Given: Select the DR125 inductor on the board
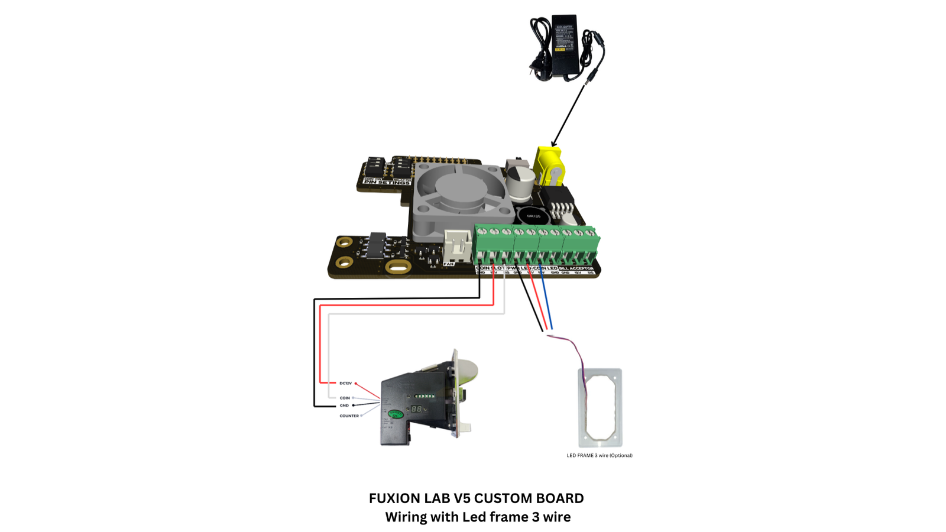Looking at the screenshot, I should click(x=533, y=216).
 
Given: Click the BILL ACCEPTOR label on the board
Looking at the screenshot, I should click(x=576, y=268).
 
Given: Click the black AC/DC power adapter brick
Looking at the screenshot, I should click(x=564, y=46).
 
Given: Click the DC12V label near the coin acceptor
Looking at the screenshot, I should click(x=345, y=383).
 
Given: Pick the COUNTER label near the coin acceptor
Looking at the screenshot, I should click(x=349, y=416).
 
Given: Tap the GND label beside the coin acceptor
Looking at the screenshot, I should click(x=344, y=406).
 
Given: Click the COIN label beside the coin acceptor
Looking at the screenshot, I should click(x=345, y=398).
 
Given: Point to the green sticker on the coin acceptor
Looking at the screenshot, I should click(x=396, y=414).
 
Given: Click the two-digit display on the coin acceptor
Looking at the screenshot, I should click(x=416, y=408).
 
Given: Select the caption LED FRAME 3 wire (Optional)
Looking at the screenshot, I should click(x=600, y=455).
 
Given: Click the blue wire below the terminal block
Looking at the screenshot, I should click(x=547, y=301).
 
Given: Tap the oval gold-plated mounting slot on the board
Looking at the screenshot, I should click(x=398, y=267).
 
